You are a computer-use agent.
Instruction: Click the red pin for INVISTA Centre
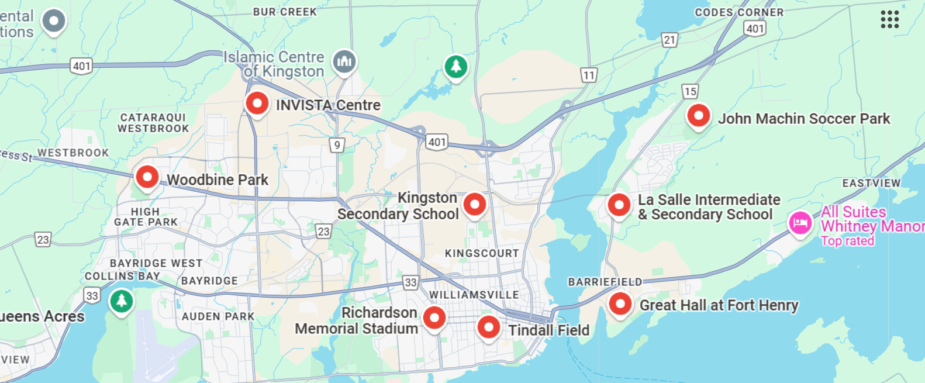pos(257,103)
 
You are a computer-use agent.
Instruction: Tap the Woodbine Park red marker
pos(147,176)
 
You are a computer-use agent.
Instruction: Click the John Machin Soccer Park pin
pos(698,116)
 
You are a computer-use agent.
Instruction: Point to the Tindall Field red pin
pos(488,327)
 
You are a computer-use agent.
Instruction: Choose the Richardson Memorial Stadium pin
pos(434,318)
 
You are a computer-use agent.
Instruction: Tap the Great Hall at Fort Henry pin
pos(620,304)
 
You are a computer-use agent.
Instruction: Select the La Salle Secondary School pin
pos(619,205)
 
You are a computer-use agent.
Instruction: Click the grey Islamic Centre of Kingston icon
pos(344,61)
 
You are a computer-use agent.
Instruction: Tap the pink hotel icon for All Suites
pos(800,223)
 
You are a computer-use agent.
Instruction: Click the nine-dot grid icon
pos(889,19)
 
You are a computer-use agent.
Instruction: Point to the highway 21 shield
pos(669,40)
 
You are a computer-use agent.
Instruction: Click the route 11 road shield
pos(589,75)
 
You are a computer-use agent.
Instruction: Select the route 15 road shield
pos(690,91)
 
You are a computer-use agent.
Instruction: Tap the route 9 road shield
pos(336,144)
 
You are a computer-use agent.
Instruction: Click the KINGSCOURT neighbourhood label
pos(482,253)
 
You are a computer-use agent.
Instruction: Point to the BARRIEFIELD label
pos(605,282)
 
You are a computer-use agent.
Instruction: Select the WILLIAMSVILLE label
pos(474,295)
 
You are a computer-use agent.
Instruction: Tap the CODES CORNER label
pos(739,12)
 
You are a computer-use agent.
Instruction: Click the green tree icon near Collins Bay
pos(122,301)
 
